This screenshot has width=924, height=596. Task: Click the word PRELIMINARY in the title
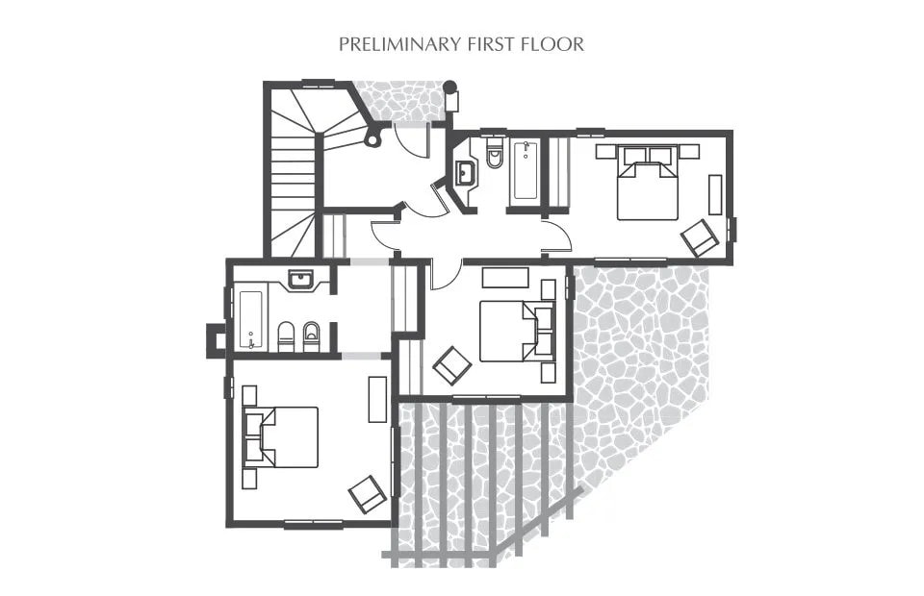click(x=399, y=45)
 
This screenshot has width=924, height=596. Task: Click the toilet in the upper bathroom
click(x=493, y=154)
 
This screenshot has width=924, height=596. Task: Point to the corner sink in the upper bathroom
click(x=466, y=172)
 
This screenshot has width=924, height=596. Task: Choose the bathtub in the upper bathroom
click(x=526, y=170)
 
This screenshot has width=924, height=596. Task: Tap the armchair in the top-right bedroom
click(x=700, y=237)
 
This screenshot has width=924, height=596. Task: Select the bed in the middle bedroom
click(x=517, y=331)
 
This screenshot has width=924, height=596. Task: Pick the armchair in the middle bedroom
click(x=452, y=365)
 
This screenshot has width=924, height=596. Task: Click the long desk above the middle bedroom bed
click(x=505, y=278)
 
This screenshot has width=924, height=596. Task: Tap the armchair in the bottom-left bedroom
click(x=367, y=494)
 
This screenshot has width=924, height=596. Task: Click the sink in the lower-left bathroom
click(x=301, y=280)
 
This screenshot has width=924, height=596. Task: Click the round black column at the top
click(x=449, y=87)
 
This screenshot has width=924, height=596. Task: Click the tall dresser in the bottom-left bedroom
click(x=377, y=400)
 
